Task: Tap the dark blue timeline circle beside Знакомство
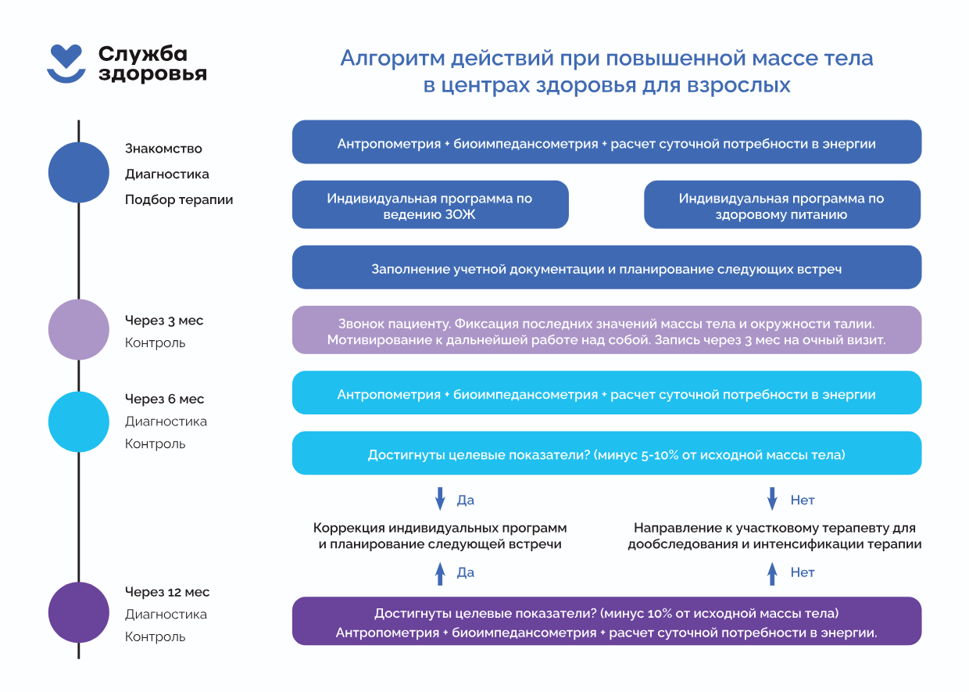79,173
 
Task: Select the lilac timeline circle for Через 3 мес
79,329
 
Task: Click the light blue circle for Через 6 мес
79,422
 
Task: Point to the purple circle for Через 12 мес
79,612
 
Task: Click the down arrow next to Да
440,499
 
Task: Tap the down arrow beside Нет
772,499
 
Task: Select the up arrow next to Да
440,574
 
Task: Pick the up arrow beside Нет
772,574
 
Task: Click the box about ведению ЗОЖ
430,206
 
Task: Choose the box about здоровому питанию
781,206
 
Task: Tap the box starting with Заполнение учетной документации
606,268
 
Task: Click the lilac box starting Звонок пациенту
606,331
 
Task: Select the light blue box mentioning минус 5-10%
606,454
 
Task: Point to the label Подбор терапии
179,199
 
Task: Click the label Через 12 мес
167,592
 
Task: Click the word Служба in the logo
143,53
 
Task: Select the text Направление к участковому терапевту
774,528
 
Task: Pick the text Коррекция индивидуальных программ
440,528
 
